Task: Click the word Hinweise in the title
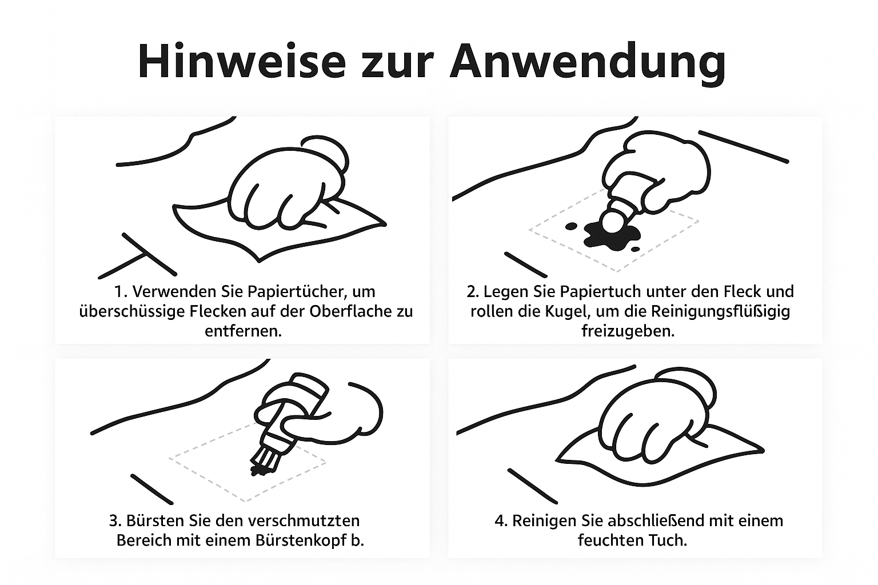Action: click(242, 62)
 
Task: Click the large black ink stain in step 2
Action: click(612, 236)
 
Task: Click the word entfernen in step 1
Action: click(243, 331)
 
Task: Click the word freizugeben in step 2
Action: click(628, 331)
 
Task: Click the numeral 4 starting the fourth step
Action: click(498, 521)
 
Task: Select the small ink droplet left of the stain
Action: click(571, 226)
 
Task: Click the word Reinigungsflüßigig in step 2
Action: click(720, 311)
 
